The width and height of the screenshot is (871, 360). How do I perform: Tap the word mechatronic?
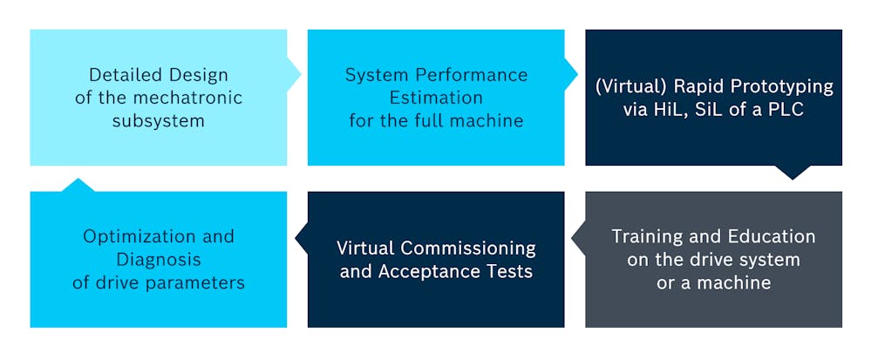[193, 98]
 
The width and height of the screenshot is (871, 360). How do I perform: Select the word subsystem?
[158, 120]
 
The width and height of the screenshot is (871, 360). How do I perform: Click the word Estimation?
[436, 98]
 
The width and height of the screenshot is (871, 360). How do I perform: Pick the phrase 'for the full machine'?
[436, 120]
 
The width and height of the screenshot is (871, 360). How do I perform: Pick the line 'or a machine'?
[713, 282]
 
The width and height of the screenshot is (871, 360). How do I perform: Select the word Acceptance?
[427, 271]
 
